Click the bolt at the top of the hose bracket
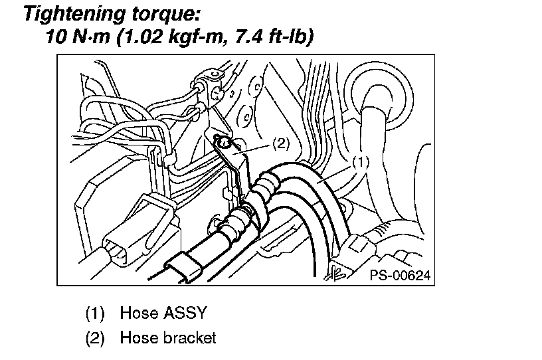(x=224, y=141)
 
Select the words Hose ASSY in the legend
(x=163, y=312)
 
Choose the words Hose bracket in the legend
(x=168, y=337)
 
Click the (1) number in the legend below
(x=95, y=312)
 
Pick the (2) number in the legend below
(x=95, y=337)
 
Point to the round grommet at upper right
(x=381, y=92)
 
